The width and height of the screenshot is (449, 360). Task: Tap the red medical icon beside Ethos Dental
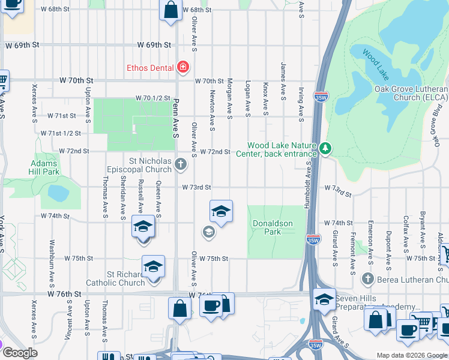click(183, 67)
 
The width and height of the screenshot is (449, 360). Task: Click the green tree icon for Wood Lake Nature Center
click(325, 148)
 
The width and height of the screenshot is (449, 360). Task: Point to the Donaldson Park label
click(272, 227)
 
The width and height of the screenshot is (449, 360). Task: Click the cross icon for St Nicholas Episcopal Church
click(181, 163)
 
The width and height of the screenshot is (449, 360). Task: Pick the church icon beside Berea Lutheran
click(368, 278)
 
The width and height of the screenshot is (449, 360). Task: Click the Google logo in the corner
click(19, 353)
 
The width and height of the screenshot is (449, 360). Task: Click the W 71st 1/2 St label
click(61, 133)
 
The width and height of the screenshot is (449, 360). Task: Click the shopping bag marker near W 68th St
click(171, 10)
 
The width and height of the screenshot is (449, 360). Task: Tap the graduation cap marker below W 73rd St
click(221, 211)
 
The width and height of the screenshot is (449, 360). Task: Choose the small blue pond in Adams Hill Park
click(58, 193)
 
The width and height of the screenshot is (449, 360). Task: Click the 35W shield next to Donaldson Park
click(313, 239)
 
